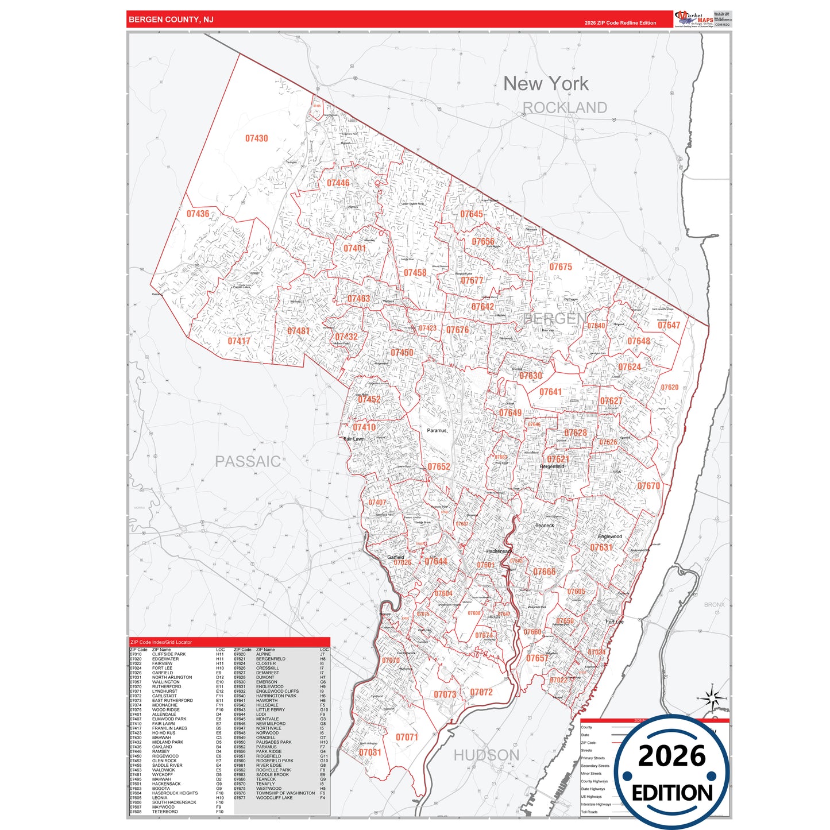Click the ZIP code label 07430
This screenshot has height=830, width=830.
256,138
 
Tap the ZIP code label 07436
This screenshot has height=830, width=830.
198,214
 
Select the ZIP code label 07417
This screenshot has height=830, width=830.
238,341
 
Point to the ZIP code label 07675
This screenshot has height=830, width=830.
560,267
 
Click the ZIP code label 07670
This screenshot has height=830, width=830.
648,486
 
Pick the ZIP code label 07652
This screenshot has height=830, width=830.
439,467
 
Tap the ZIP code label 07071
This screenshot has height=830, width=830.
407,737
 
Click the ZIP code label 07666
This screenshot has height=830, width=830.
544,572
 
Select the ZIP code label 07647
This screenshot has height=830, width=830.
669,325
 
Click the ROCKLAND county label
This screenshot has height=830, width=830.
565,107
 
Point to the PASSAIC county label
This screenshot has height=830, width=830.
248,461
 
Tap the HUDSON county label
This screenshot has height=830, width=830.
486,755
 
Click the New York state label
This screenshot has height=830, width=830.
546,84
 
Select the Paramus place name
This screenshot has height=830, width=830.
437,430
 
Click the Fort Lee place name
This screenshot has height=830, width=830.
614,621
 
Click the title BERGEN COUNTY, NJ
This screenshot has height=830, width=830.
171,20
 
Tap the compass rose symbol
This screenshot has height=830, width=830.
712,698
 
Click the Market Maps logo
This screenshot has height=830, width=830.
694,19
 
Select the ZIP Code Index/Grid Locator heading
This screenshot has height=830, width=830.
161,642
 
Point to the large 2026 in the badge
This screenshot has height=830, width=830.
671,756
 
